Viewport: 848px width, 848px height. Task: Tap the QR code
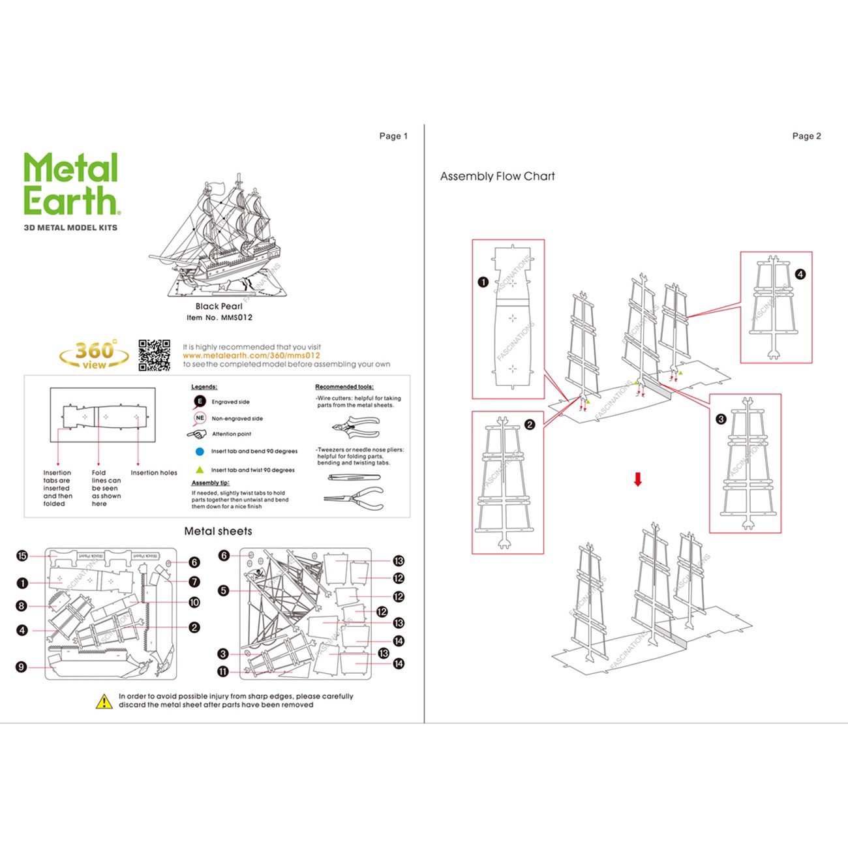pos(155,356)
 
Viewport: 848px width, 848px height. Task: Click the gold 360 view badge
pos(95,355)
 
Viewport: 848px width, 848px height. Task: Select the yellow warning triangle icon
pos(104,702)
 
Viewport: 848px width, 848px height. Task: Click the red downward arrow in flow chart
pos(638,480)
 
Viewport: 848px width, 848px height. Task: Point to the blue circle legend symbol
pos(200,451)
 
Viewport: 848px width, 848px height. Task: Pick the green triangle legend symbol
pos(200,470)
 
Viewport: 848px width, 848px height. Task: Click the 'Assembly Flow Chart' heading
pos(497,176)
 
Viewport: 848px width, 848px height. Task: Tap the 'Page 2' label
pos(806,136)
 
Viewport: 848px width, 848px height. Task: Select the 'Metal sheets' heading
pos(218,531)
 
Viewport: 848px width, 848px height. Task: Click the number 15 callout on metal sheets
pos(22,556)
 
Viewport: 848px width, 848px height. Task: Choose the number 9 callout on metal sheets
pos(22,667)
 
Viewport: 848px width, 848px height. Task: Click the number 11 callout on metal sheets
pos(224,671)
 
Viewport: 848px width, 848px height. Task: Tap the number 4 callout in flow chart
pos(800,275)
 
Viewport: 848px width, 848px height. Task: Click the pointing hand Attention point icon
pos(197,434)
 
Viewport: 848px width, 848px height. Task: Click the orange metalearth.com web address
pos(252,356)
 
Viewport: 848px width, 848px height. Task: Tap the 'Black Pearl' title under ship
pos(219,306)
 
